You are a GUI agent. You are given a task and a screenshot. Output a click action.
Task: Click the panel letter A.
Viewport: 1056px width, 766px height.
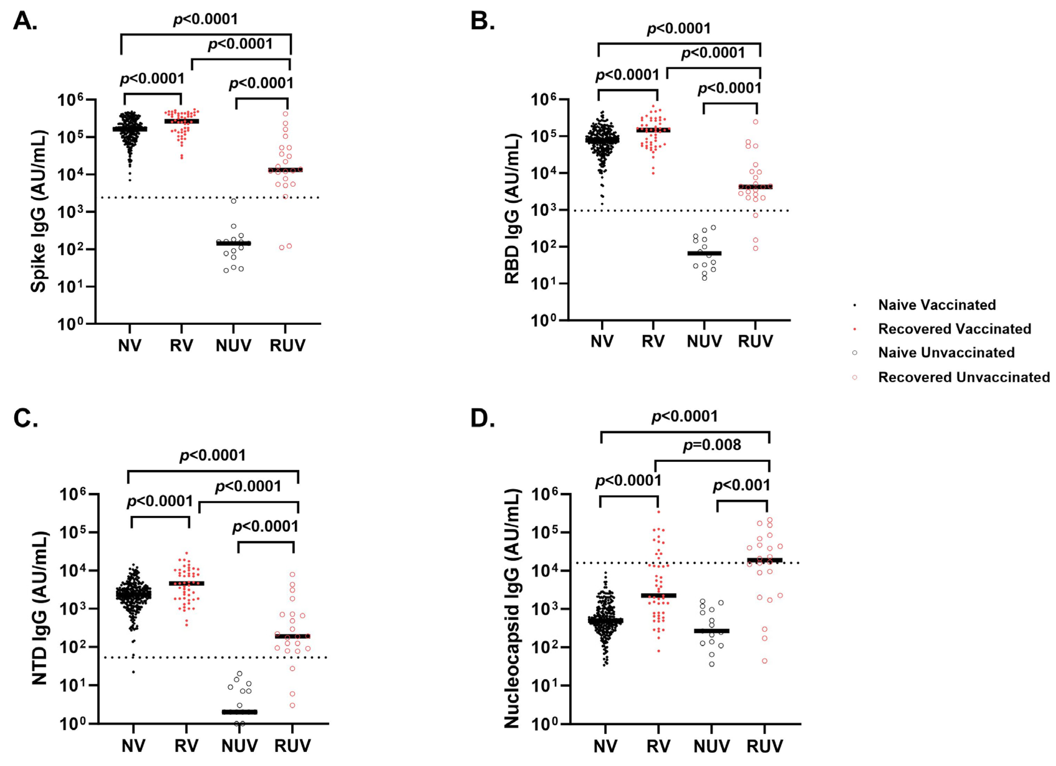(x=24, y=21)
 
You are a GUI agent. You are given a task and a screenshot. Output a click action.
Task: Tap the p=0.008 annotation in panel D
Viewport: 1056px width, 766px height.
(x=712, y=445)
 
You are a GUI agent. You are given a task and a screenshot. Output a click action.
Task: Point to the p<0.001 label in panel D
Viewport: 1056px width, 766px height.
(x=742, y=486)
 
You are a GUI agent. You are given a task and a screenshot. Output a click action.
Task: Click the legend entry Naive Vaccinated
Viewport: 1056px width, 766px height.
(x=936, y=305)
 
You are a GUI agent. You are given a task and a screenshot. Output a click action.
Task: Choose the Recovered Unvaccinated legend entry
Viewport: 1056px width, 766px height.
(x=963, y=377)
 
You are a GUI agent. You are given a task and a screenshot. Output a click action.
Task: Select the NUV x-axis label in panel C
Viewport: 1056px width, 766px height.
(x=239, y=746)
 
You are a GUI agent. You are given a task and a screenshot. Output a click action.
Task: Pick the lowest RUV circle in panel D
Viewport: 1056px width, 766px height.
(x=765, y=661)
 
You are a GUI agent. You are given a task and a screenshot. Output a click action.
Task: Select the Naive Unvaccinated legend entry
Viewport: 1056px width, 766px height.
(x=946, y=353)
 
